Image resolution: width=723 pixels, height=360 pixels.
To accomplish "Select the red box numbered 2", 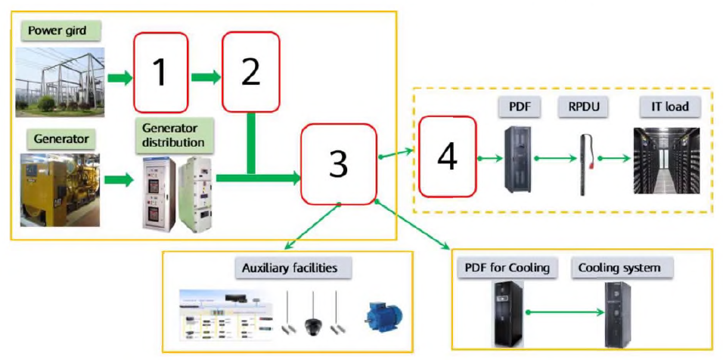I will point(250,72).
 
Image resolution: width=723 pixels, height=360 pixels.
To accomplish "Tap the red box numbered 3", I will point(339,164).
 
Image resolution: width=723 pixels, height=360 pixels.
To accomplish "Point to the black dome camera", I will point(313,325).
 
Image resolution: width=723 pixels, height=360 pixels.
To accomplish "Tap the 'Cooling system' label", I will point(619,268).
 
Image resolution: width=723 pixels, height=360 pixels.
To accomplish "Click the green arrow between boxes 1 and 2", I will point(205,76).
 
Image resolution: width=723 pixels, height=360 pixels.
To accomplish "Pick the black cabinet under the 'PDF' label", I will point(520,158).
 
